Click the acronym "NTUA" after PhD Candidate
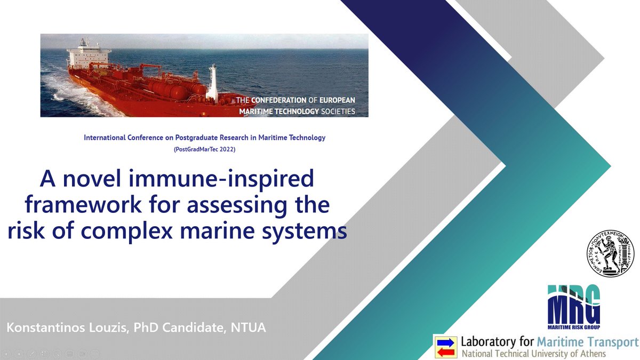coord(249,327)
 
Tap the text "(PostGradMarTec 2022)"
coord(204,150)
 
